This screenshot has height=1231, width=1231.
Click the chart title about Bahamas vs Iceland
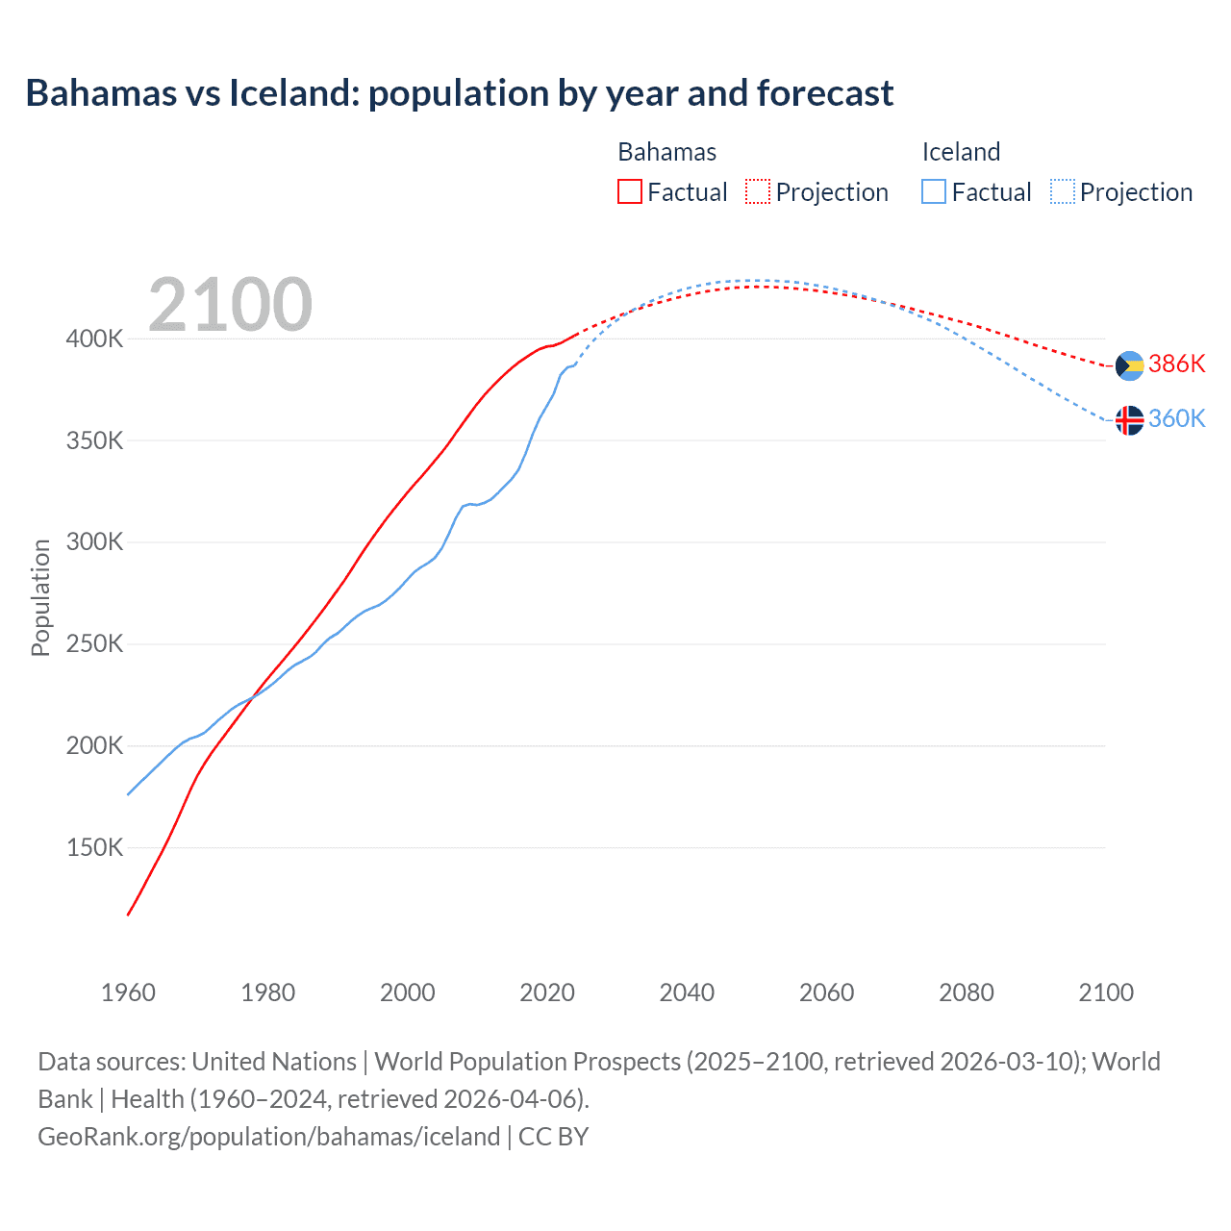click(x=460, y=93)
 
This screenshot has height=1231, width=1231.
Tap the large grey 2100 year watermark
click(x=230, y=305)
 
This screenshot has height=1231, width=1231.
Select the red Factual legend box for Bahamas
click(x=630, y=191)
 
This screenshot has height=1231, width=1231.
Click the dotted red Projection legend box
click(x=758, y=191)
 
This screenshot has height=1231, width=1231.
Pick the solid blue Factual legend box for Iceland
click(x=934, y=191)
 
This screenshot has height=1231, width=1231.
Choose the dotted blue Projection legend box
click(x=1063, y=191)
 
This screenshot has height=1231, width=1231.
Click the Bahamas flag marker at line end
click(x=1129, y=365)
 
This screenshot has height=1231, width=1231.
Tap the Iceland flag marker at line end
click(x=1129, y=420)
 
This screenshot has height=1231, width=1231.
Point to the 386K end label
click(x=1176, y=364)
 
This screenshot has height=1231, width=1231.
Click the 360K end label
click(x=1176, y=418)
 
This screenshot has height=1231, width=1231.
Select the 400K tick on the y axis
click(x=94, y=339)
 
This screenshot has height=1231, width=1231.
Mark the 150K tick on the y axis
click(x=94, y=847)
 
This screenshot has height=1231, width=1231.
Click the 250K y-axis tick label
click(x=94, y=643)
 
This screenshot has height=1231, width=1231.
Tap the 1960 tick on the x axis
click(x=128, y=992)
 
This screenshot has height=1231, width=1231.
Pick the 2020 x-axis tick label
click(x=547, y=992)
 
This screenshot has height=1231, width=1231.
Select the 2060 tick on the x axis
click(x=826, y=992)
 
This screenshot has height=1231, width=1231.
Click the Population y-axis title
click(x=40, y=597)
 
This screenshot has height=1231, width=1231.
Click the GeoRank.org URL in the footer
click(x=268, y=1137)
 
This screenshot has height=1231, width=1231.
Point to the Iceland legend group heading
click(x=961, y=152)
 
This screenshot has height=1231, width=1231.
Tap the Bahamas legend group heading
click(x=666, y=152)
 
